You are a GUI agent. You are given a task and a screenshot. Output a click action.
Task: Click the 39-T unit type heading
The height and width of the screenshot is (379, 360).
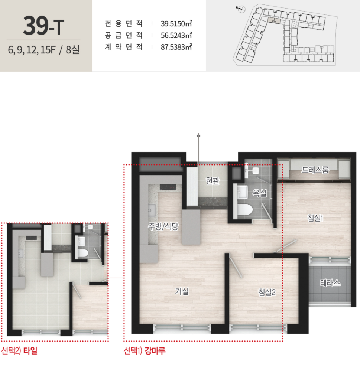43,26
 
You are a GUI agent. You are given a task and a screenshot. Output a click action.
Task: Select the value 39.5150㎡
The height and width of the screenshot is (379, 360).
176,24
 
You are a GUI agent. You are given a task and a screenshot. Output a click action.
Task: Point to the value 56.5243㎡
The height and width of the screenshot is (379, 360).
176,35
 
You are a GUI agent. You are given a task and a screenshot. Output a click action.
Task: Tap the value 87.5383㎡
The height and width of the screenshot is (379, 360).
176,47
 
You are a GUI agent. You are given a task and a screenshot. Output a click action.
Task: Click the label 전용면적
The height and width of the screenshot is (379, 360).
124,23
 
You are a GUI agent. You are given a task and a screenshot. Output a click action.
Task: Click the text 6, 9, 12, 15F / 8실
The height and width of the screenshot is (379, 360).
43,50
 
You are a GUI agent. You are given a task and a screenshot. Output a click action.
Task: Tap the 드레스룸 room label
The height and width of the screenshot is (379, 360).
315,170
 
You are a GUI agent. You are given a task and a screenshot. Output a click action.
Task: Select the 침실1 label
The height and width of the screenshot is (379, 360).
315,218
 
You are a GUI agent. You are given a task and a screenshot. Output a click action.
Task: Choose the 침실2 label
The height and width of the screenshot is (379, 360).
267,292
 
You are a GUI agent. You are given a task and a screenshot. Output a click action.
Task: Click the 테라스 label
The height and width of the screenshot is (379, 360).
330,282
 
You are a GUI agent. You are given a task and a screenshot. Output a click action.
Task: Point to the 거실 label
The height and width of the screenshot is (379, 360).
182,291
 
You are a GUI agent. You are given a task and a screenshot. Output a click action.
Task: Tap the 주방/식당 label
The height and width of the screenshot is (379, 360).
163,226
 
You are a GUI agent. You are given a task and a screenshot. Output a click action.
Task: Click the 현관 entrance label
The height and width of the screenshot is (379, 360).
213,180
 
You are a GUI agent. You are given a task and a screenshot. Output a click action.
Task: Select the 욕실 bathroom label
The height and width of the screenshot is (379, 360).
260,193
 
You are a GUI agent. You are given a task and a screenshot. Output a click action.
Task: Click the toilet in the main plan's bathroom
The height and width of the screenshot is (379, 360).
245,210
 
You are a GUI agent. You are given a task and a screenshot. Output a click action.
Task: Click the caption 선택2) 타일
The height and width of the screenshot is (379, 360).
19,350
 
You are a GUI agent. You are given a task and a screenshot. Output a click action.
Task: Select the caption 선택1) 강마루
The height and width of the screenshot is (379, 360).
145,350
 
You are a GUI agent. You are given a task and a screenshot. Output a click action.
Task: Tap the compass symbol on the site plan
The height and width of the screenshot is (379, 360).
241,9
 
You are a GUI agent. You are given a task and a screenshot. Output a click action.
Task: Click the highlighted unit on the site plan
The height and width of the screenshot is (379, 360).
274,20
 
